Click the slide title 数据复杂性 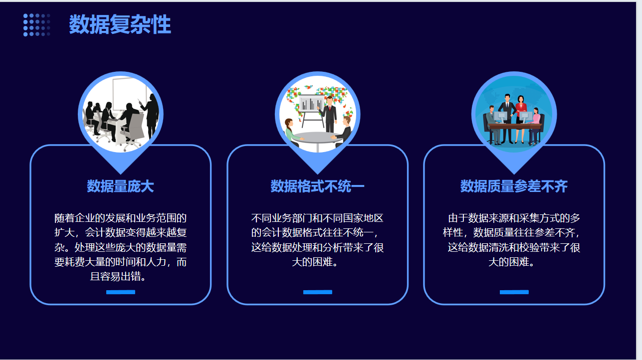tap(120, 24)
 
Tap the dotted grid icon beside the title tap(37, 25)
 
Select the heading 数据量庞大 tap(120, 186)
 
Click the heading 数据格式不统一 tap(318, 186)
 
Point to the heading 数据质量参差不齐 tap(514, 186)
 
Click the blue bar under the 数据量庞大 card tap(121, 292)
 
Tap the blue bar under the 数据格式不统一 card tap(318, 292)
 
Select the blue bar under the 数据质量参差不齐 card tap(514, 292)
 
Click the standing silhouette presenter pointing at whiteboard tap(151, 115)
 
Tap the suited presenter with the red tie tap(329, 115)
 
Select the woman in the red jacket tap(520, 118)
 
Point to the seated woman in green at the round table tap(292, 132)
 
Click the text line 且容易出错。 tap(118, 277)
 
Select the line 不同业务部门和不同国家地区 tap(317, 218)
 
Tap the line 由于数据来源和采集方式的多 tap(514, 218)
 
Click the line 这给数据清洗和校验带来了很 tap(514, 247)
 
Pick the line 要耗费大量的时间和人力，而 tap(121, 262)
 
